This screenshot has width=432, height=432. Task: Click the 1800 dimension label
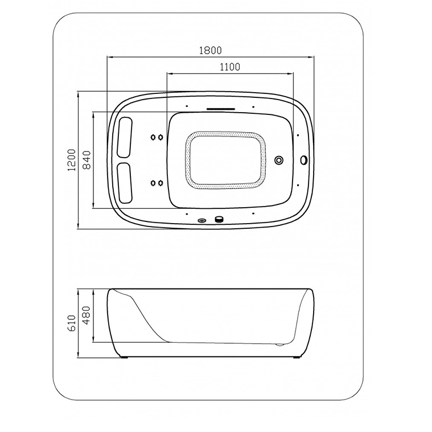click(210, 51)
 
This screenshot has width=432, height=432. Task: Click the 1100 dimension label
click(230, 67)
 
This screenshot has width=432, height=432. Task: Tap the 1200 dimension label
click(72, 160)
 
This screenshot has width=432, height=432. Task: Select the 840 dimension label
click(87, 160)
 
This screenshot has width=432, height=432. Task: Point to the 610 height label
click(72, 324)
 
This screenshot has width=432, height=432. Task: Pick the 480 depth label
click(87, 315)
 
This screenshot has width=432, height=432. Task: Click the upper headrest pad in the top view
click(125, 137)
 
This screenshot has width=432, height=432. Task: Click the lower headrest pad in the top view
click(125, 183)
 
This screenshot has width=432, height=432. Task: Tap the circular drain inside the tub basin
click(279, 160)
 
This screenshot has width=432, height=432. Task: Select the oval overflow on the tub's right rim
click(303, 160)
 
